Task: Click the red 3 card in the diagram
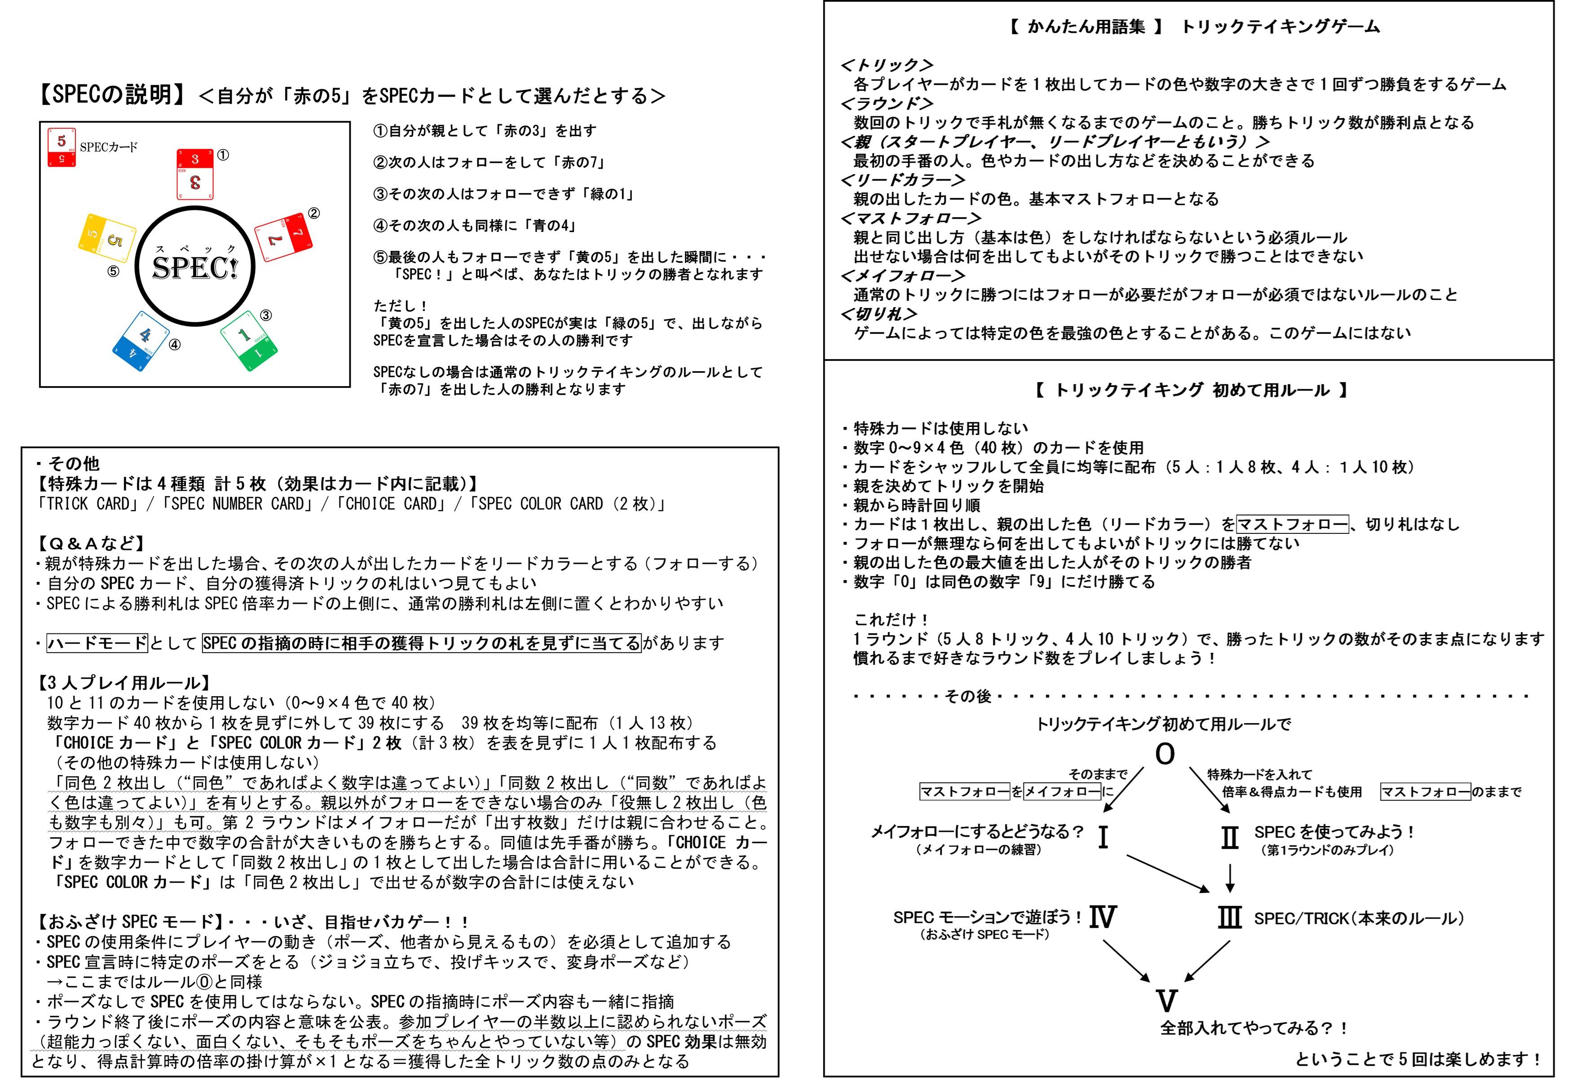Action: point(195,174)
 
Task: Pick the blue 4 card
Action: point(141,341)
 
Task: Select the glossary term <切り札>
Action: point(879,314)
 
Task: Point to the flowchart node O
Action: point(1164,754)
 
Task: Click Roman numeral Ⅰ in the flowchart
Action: point(1103,838)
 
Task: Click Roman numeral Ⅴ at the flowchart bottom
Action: point(1166,1000)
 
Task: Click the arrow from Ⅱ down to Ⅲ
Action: point(1230,877)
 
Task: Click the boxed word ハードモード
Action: point(97,643)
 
